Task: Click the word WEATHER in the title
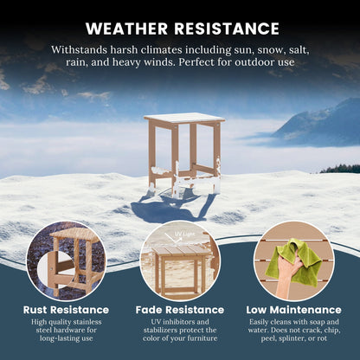126,29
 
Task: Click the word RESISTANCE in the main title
227,29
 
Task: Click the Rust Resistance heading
66,310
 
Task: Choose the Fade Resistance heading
180,310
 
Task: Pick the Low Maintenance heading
293,310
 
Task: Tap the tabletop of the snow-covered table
184,118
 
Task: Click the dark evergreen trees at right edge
340,169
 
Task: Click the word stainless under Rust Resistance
88,322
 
